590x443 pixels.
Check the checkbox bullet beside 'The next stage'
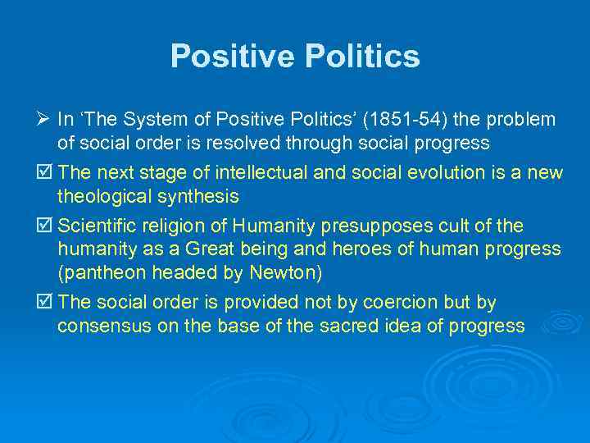pos(46,172)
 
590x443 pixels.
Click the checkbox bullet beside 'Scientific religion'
pos(46,226)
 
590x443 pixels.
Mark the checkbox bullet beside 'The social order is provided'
pos(46,303)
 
